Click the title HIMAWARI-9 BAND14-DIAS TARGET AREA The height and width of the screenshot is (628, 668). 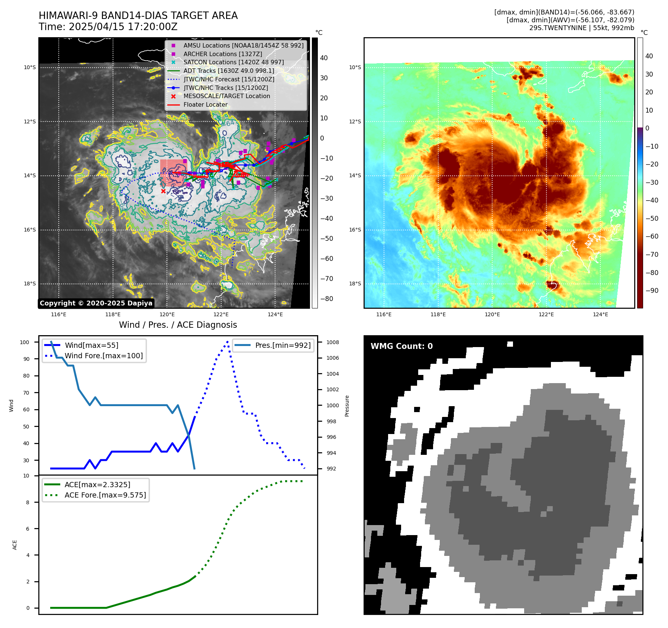coord(138,16)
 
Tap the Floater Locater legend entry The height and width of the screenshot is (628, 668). coord(205,105)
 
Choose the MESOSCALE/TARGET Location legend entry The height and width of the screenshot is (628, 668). coord(226,96)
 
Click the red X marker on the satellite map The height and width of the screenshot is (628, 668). coord(163,191)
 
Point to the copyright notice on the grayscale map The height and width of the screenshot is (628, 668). coord(96,303)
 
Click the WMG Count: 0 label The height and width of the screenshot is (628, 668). coord(401,346)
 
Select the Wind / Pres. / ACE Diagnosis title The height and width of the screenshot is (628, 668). coord(178,325)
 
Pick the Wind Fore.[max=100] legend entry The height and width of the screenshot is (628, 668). coord(104,356)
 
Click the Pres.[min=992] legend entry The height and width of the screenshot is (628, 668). coord(283,346)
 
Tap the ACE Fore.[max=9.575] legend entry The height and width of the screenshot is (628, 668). coord(105,495)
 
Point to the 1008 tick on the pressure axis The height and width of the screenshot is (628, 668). coord(332,342)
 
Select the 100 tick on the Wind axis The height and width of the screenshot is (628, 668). coord(25,342)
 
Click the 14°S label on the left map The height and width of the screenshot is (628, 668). coord(30,176)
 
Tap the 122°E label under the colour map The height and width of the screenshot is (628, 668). coord(546,315)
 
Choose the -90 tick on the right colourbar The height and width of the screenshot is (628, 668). coord(652,291)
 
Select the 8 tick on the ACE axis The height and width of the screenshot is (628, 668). coord(28,502)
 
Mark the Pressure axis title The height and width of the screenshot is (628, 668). coord(347,406)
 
